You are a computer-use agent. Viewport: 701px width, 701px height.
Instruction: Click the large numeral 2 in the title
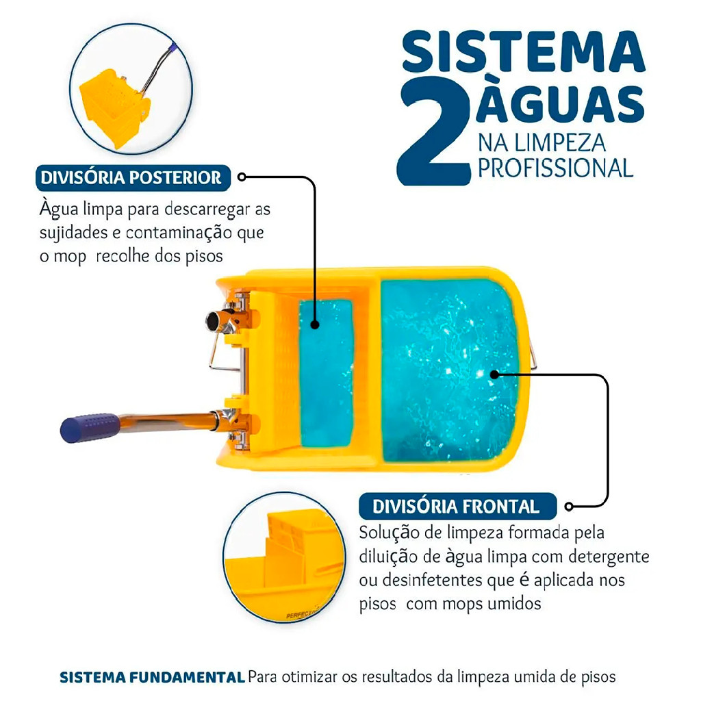click(433, 131)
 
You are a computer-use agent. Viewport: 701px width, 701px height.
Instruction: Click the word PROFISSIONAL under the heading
click(556, 168)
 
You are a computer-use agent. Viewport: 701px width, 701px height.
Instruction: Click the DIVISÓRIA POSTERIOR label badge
click(133, 177)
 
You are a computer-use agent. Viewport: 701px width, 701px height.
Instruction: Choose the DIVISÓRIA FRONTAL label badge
click(457, 506)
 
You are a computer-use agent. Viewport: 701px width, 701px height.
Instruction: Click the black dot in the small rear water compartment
click(315, 324)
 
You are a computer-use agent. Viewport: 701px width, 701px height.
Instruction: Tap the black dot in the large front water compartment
click(494, 374)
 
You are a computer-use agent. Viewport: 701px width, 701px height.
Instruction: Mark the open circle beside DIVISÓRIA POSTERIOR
click(242, 177)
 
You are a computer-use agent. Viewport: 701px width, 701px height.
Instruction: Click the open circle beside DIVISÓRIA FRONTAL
click(569, 506)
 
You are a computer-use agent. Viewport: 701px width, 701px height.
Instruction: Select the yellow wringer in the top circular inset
click(115, 107)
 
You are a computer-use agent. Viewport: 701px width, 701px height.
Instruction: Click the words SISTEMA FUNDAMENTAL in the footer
click(152, 677)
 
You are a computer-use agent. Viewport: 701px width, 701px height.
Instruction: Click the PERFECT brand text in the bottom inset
click(301, 615)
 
